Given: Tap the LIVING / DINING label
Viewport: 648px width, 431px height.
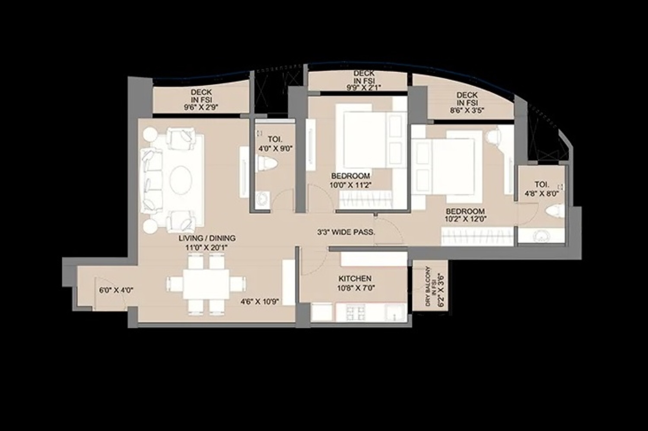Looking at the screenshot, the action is point(207,238).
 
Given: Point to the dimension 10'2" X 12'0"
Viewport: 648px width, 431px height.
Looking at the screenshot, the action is point(465,219).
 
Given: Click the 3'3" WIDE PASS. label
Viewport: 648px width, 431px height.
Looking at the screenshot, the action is point(346,232).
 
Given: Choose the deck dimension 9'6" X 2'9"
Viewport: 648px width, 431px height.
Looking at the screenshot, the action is point(201,107).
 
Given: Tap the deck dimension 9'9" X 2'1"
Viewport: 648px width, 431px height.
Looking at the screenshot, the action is point(364,88).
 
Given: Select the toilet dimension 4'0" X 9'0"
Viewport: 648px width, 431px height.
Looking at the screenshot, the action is point(275,149).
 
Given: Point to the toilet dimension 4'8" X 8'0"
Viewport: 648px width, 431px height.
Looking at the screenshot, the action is point(542,194).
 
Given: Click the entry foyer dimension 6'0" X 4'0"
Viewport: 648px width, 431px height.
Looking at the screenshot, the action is point(116,290).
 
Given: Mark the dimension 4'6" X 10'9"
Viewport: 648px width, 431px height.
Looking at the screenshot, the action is point(260,302).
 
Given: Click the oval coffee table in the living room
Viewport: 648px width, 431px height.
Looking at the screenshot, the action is point(181,180).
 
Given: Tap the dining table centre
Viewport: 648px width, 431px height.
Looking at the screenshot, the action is point(206,284).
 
